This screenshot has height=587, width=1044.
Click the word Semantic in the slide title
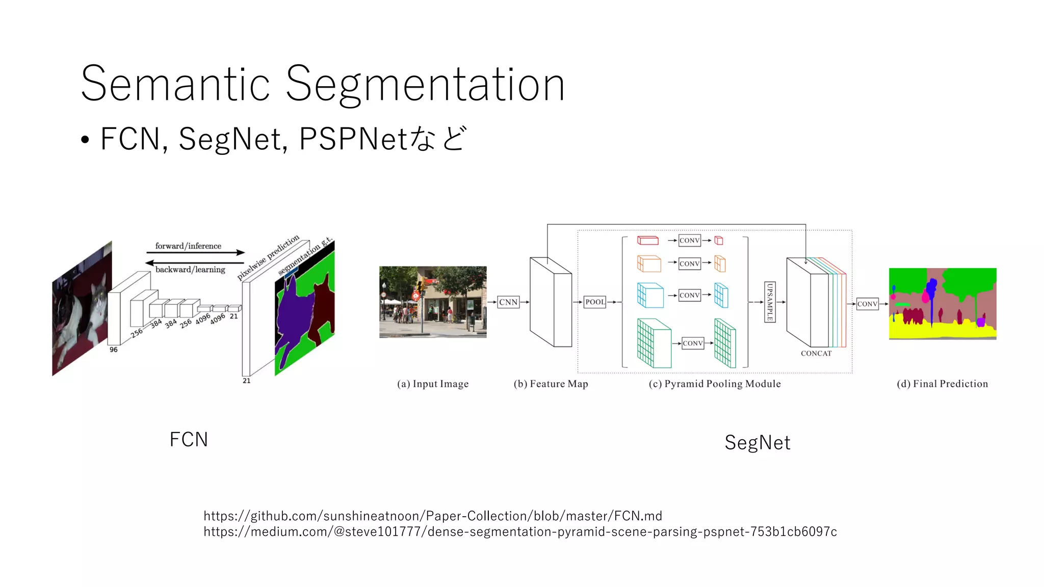[x=175, y=84]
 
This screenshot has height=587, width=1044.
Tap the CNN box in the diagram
[x=508, y=302]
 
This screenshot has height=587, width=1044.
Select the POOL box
[x=595, y=302]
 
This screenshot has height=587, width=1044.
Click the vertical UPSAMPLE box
[x=770, y=302]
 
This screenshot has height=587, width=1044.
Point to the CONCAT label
[x=816, y=354]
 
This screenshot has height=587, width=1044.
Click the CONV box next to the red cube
[x=690, y=241]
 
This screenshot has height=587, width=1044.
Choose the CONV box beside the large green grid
[x=693, y=343]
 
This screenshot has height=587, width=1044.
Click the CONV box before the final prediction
[x=867, y=304]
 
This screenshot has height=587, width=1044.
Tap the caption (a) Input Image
[x=433, y=384]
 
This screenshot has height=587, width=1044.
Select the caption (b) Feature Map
[x=551, y=384]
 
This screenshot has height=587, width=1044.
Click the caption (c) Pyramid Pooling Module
[x=715, y=384]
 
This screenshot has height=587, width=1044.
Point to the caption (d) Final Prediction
[x=942, y=384]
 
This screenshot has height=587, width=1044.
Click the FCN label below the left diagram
[x=189, y=440]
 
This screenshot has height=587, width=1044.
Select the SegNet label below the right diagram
[x=758, y=443]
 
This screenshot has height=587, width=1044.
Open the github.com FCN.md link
[x=433, y=516]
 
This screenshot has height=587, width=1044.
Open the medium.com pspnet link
[x=520, y=532]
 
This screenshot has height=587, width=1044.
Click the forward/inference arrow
[x=195, y=253]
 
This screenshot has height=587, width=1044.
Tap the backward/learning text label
[x=190, y=270]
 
